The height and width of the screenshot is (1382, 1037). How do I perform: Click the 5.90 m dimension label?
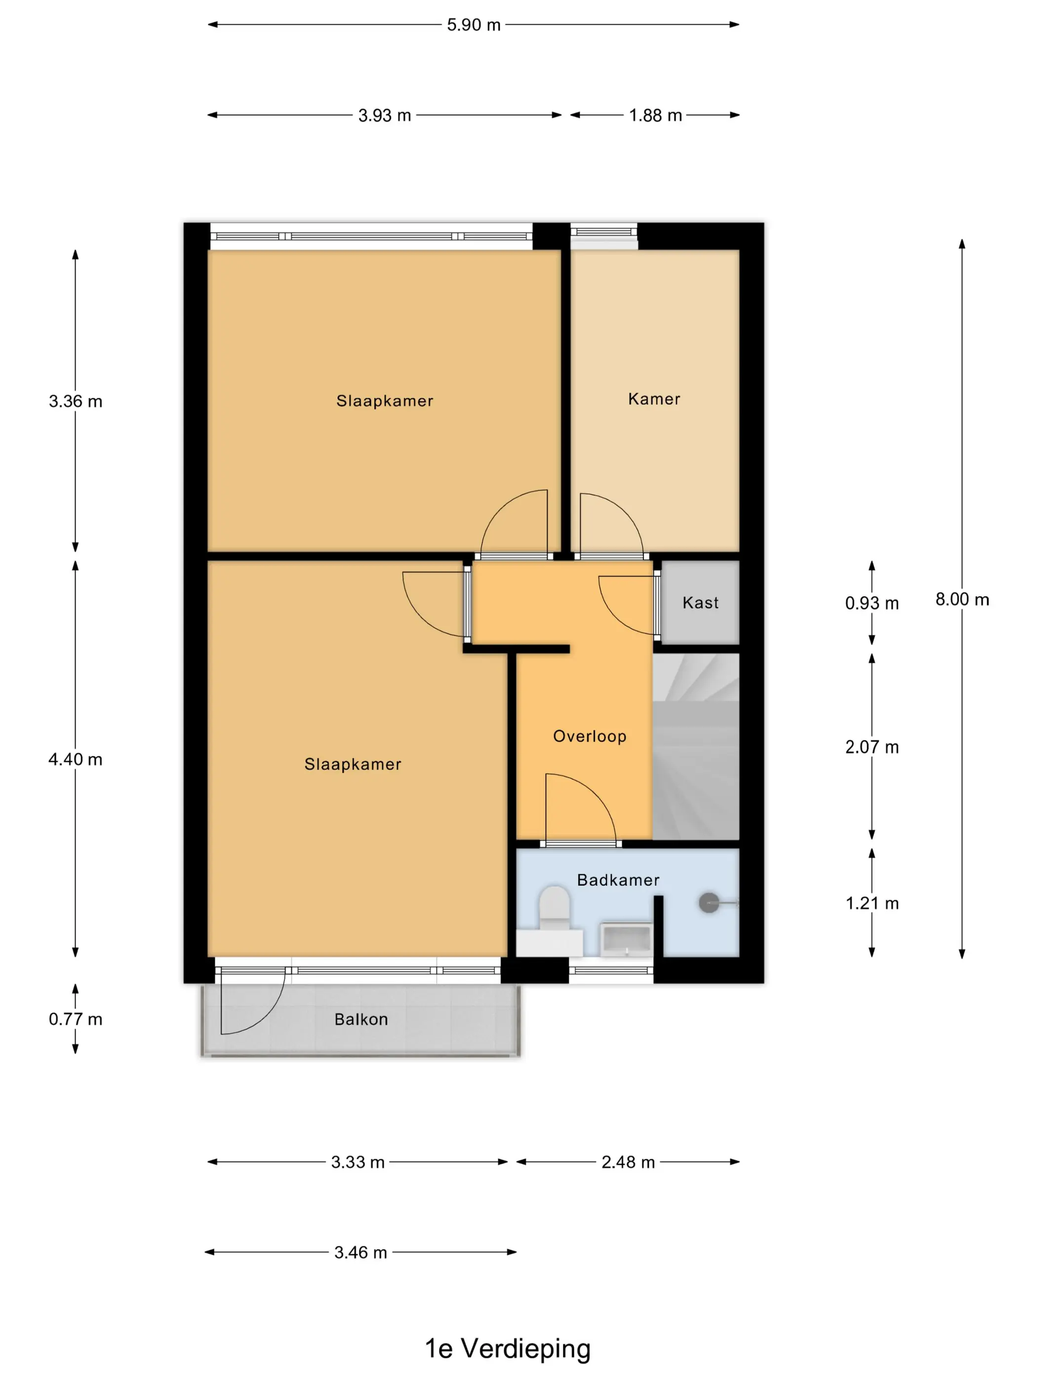[x=473, y=25]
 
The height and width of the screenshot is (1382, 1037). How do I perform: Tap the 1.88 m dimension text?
[x=655, y=115]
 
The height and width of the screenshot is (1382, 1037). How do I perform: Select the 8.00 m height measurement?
[x=962, y=599]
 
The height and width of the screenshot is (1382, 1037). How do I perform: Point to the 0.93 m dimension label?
[x=872, y=603]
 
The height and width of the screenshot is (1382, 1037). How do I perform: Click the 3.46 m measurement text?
[x=360, y=1253]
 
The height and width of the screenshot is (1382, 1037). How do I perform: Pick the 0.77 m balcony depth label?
[x=76, y=1019]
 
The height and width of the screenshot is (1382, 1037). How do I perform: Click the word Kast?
[x=700, y=603]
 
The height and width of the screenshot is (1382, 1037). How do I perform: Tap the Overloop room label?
[x=590, y=736]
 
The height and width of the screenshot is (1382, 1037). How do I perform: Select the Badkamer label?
[x=618, y=881]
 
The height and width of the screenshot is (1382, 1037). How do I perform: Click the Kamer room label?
[x=654, y=399]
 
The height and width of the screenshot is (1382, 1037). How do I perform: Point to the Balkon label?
[x=361, y=1020]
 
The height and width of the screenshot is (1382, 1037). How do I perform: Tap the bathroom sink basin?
[x=626, y=940]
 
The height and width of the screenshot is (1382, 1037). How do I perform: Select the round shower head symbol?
[x=709, y=903]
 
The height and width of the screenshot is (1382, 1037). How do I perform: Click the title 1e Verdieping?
[x=508, y=1349]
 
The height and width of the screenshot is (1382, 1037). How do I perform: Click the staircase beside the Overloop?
[x=696, y=747]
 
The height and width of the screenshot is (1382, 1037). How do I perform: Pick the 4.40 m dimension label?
[x=76, y=760]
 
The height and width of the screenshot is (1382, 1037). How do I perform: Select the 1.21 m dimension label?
[x=872, y=903]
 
